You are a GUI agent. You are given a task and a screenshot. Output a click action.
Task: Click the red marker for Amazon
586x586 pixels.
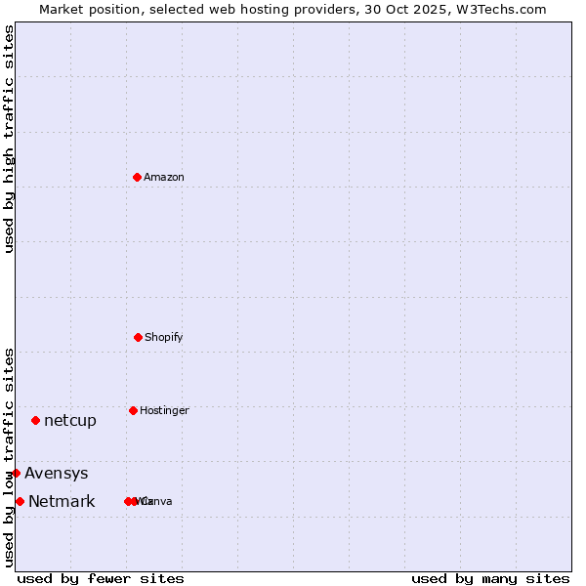(x=137, y=177)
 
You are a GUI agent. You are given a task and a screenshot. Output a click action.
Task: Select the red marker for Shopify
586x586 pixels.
(x=138, y=337)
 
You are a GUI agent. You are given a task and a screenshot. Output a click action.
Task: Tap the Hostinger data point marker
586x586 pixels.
(x=133, y=410)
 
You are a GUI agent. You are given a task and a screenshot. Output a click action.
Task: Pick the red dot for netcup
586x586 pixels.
(x=35, y=420)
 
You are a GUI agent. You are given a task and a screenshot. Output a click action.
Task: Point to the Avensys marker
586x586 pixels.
(x=16, y=473)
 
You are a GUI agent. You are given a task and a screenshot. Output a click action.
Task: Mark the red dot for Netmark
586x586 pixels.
(x=20, y=501)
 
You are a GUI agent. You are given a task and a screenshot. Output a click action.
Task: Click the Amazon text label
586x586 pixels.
(x=164, y=177)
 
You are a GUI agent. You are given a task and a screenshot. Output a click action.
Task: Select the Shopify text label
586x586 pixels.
(x=164, y=337)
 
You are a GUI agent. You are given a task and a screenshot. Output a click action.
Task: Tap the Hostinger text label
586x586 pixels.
(x=164, y=410)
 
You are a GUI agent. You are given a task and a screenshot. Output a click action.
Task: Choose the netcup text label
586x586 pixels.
(x=70, y=421)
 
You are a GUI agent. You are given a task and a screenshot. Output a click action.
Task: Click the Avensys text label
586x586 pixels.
(x=57, y=474)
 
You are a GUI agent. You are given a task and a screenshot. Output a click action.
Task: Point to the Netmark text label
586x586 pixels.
(x=62, y=502)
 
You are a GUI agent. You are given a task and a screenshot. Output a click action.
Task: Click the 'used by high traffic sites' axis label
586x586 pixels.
(x=9, y=139)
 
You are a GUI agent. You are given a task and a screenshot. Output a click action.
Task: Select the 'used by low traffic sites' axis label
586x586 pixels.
(x=9, y=457)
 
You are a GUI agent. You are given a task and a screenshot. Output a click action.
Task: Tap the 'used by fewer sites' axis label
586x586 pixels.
(x=101, y=578)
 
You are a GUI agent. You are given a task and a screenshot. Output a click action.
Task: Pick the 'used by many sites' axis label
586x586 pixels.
(x=490, y=578)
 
